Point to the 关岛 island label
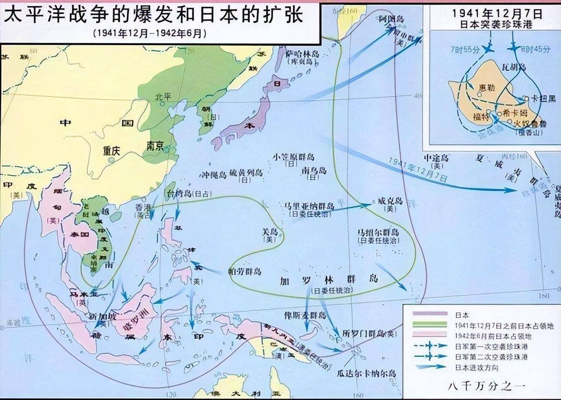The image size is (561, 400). (x=270, y=232)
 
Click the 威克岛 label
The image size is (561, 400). (x=390, y=201)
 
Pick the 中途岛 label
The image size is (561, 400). (x=436, y=157)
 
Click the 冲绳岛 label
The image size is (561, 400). (x=213, y=174)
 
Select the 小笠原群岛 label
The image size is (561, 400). (x=293, y=157)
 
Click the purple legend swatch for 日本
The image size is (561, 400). (x=430, y=314)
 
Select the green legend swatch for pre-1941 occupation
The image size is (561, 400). (x=430, y=325)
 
